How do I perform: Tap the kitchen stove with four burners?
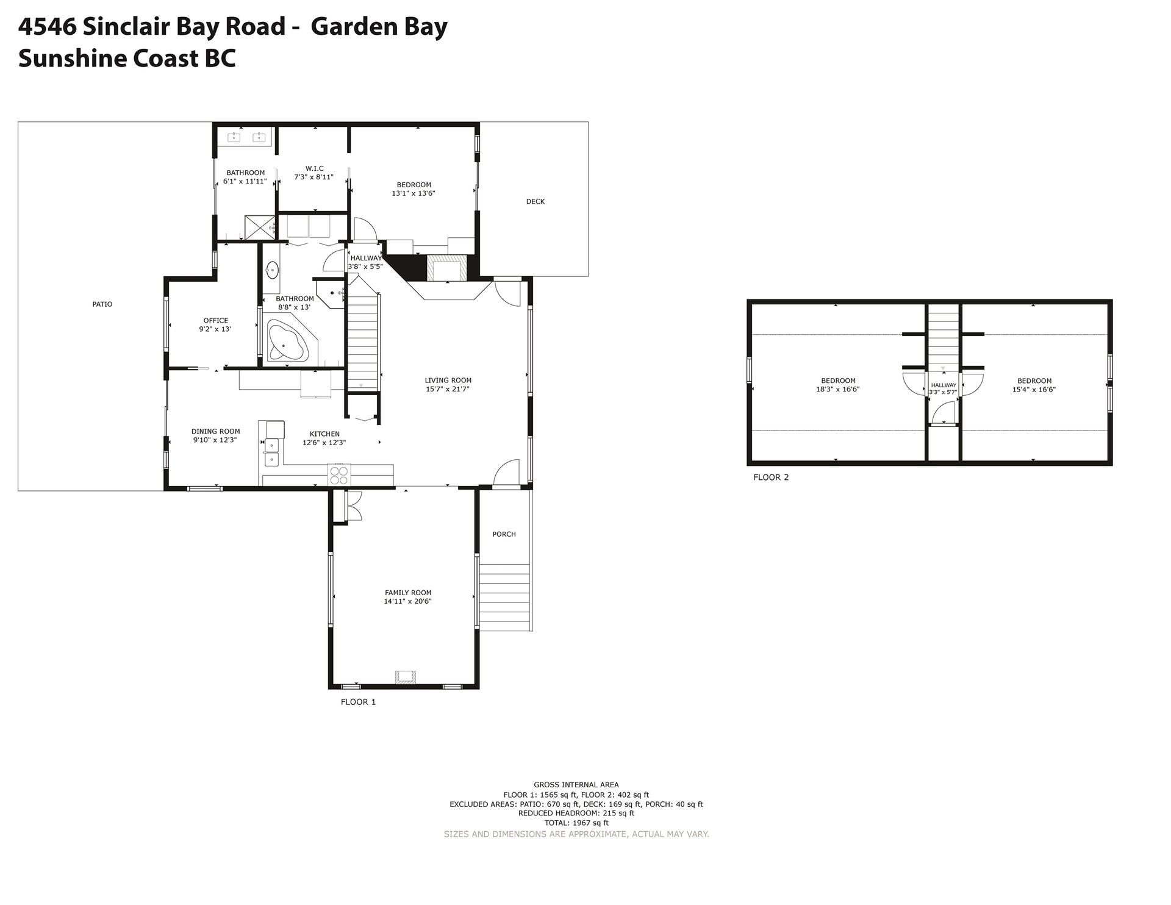click(338, 474)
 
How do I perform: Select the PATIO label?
click(102, 304)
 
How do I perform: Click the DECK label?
click(535, 201)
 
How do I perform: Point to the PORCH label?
click(504, 534)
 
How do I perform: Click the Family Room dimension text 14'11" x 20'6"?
click(408, 601)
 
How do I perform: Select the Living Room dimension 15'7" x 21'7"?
click(448, 389)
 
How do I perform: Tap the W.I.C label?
click(315, 168)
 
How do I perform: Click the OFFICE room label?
click(216, 321)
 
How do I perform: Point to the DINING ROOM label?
click(216, 432)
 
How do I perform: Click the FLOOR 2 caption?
click(771, 478)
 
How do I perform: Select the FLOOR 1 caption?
click(358, 702)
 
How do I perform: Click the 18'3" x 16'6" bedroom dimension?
click(838, 389)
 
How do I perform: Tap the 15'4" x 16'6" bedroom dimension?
click(1034, 389)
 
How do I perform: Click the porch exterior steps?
click(505, 598)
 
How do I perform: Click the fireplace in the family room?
click(406, 676)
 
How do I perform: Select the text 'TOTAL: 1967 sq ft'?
click(576, 823)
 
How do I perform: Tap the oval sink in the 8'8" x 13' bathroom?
click(273, 269)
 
